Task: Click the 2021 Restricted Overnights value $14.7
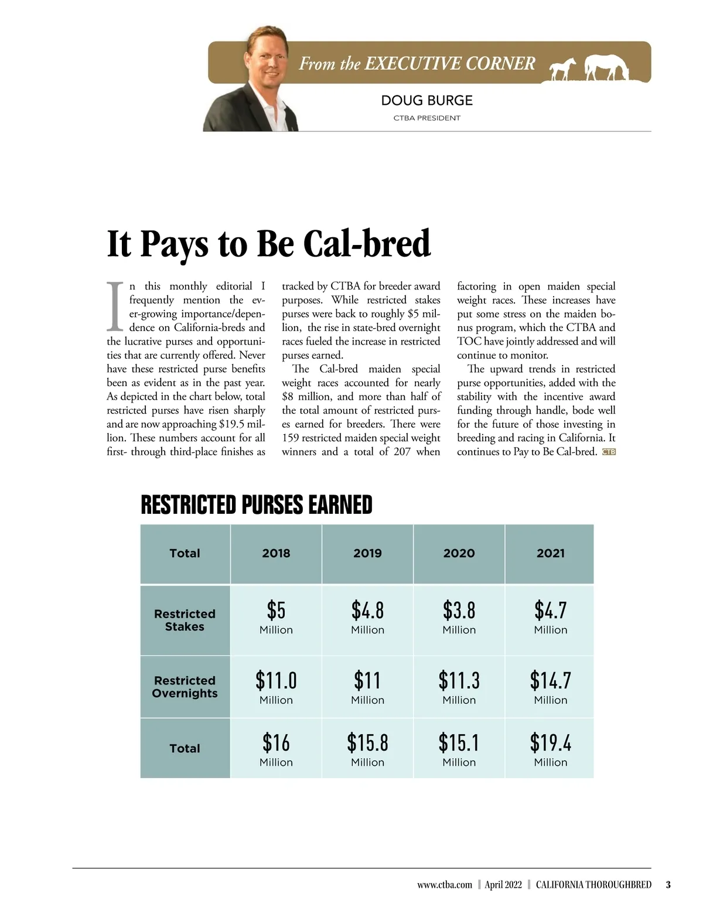[550, 681]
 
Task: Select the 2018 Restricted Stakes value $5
[276, 611]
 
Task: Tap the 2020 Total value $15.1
[459, 743]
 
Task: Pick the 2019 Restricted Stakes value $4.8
[367, 611]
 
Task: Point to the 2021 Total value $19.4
[550, 743]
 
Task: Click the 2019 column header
[367, 553]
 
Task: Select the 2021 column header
[550, 553]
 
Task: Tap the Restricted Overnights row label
[185, 687]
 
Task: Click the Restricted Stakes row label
[185, 620]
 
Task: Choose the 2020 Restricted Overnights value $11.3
[459, 681]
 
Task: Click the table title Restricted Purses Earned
[257, 505]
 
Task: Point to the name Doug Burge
[426, 100]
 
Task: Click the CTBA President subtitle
[426, 118]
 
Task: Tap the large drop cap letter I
[115, 306]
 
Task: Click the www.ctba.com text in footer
[444, 885]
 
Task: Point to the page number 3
[668, 885]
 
